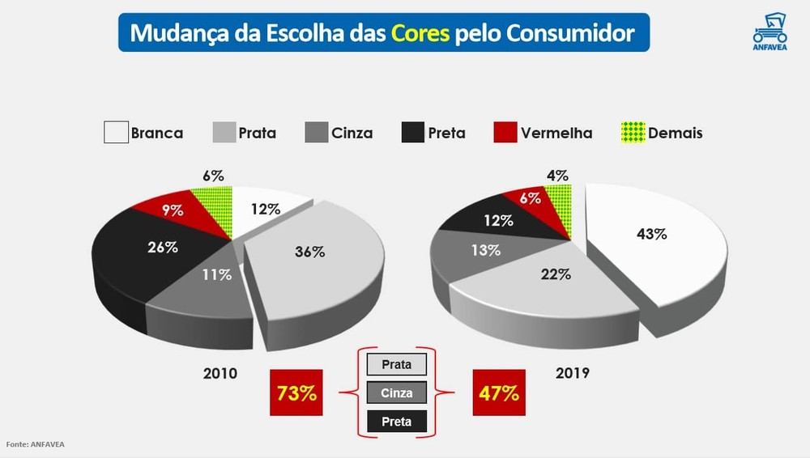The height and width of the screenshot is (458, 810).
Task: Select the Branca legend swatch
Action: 117,133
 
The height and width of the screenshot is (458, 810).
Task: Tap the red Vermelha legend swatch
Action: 505,133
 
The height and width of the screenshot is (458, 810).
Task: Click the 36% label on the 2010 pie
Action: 309,252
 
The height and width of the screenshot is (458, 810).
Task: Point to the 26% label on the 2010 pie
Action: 163,247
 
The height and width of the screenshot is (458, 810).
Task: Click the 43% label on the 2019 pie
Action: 651,234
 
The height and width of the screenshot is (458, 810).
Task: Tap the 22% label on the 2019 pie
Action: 556,274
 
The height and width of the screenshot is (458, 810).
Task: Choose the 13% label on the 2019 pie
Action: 485,250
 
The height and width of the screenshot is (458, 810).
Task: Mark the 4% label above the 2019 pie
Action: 557,175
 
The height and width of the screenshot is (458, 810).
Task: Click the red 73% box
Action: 296,394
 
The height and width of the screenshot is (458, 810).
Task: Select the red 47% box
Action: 498,394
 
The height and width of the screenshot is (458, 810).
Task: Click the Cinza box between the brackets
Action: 396,393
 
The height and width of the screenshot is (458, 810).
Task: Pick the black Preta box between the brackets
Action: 396,422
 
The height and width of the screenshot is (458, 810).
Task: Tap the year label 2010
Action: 220,374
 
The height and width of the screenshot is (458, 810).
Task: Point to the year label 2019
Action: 573,374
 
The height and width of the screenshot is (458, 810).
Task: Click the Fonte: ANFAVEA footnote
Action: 36,444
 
